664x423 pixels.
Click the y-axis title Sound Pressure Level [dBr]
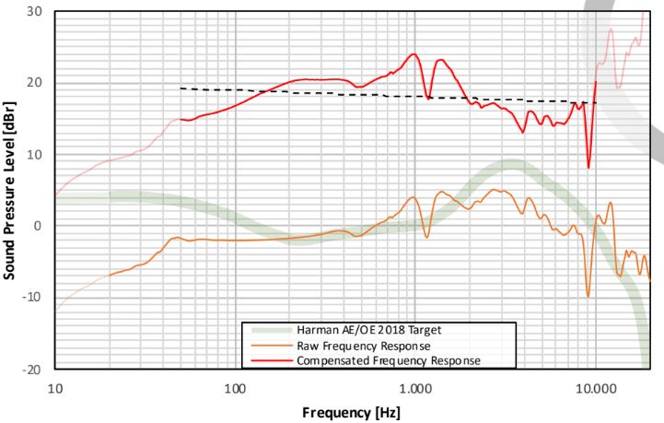coord(12,189)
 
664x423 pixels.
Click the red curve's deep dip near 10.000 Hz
coord(588,168)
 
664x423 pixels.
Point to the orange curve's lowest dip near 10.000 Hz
coord(588,296)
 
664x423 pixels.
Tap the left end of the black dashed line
coord(181,88)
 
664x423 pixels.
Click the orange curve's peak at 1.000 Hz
coord(414,196)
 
